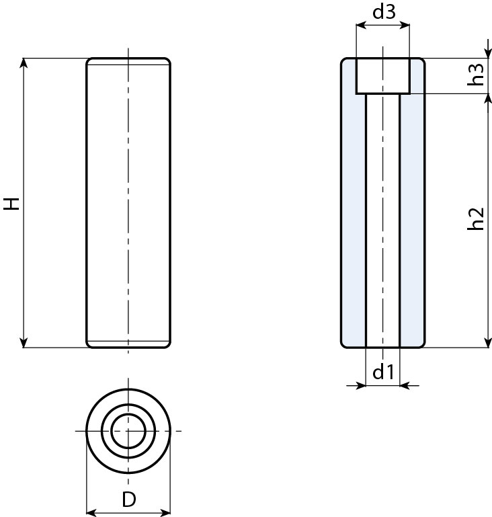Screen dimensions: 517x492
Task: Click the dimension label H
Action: point(12,203)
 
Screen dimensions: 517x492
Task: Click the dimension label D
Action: point(128,500)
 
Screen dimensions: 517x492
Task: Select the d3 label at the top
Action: point(382,11)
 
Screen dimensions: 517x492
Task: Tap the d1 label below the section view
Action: point(382,372)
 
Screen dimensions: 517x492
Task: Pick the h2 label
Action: point(476,219)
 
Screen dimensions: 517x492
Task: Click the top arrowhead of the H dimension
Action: point(24,63)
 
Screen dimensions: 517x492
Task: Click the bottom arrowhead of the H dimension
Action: point(24,343)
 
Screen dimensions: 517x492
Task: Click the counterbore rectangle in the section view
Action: point(382,76)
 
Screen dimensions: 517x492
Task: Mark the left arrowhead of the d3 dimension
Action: point(360,26)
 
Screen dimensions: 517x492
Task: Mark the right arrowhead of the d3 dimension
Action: point(405,26)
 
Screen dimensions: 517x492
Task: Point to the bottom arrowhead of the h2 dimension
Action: point(487,343)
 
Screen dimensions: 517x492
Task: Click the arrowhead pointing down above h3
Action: point(487,54)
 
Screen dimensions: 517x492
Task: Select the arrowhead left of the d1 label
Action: point(361,386)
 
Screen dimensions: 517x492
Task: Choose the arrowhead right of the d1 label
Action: point(405,386)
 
